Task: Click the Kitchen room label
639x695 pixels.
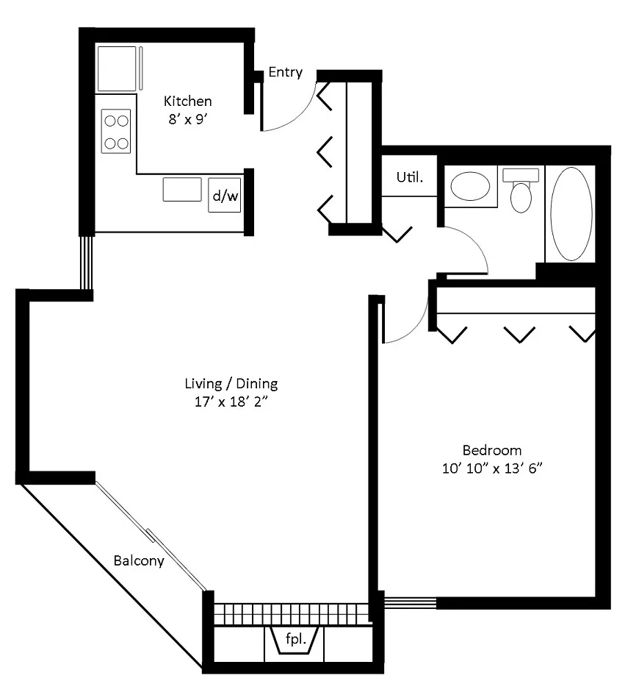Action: pyautogui.click(x=187, y=101)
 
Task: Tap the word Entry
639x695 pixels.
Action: pyautogui.click(x=285, y=72)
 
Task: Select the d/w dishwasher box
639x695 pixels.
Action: pyautogui.click(x=225, y=196)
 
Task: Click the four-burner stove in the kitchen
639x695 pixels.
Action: pyautogui.click(x=116, y=131)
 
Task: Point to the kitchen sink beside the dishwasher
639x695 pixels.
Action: pyautogui.click(x=182, y=189)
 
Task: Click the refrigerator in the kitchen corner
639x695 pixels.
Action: pyautogui.click(x=118, y=68)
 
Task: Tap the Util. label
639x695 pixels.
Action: pyautogui.click(x=409, y=177)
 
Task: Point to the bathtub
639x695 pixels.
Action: pyautogui.click(x=571, y=214)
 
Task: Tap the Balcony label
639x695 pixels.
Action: pyautogui.click(x=138, y=560)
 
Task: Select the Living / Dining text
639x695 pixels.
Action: pyautogui.click(x=231, y=384)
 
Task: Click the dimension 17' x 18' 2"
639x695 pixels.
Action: pyautogui.click(x=231, y=402)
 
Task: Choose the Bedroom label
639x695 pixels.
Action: pyautogui.click(x=491, y=450)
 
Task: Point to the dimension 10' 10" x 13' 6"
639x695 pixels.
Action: pyautogui.click(x=491, y=468)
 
